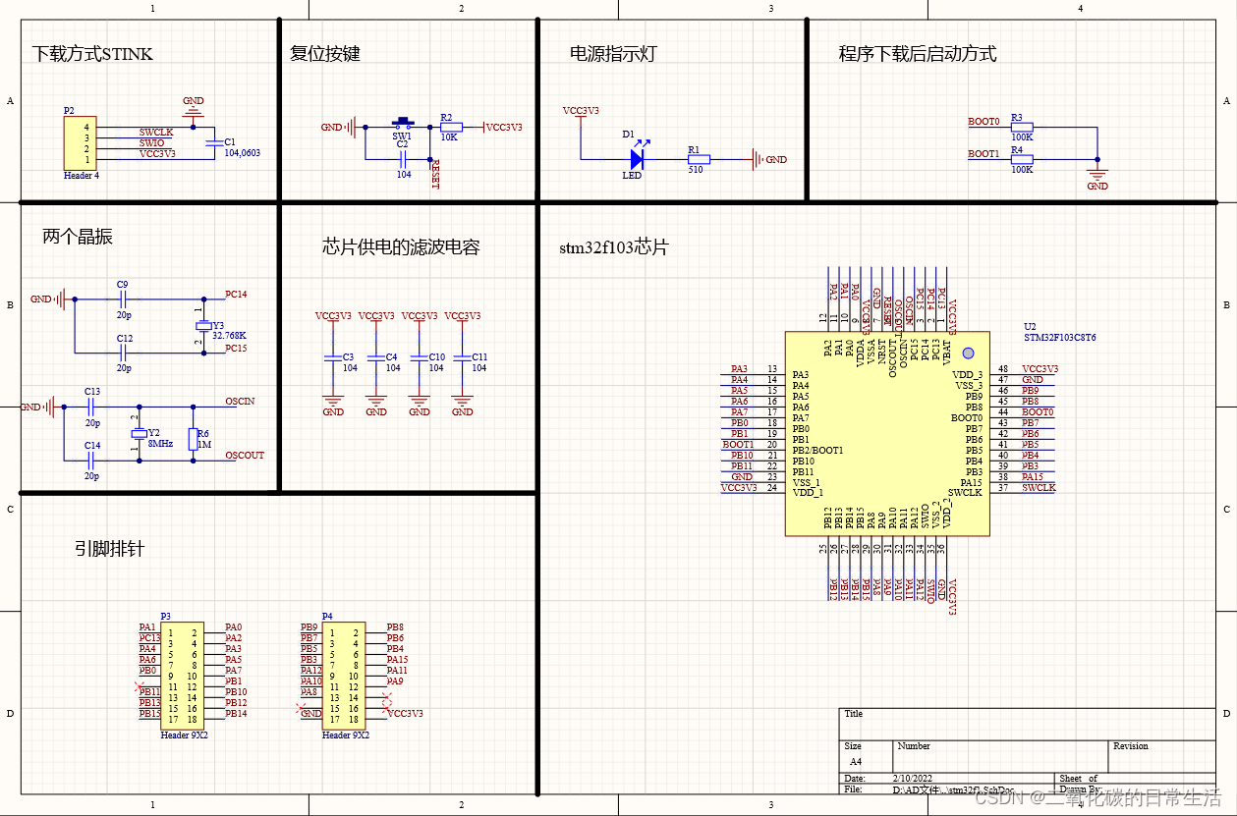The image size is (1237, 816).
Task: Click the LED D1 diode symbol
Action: point(637,158)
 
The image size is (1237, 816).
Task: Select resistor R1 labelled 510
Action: point(698,159)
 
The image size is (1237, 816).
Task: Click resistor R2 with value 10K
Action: point(450,127)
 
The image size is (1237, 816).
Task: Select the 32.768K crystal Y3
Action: point(203,325)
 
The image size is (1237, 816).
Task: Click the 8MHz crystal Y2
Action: point(139,433)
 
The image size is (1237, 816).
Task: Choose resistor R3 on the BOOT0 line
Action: point(1022,127)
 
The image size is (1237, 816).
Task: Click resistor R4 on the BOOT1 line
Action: point(1022,159)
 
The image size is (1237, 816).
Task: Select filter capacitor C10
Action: point(420,360)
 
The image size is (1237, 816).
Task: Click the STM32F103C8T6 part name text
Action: point(1060,337)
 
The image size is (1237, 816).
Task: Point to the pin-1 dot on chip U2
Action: point(967,353)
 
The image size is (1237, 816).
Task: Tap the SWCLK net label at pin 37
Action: point(1039,488)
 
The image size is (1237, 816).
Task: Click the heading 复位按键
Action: point(325,53)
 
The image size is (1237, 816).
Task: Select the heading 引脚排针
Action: point(109,548)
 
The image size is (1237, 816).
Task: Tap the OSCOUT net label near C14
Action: point(245,456)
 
